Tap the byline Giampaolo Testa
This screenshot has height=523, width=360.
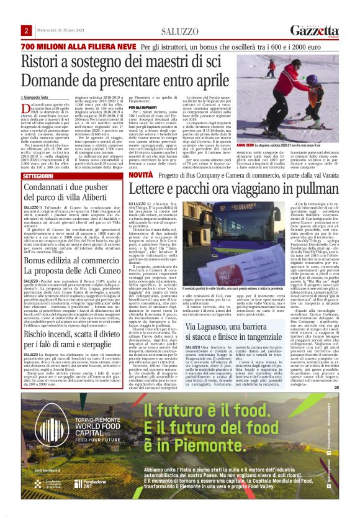click(x=38, y=98)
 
